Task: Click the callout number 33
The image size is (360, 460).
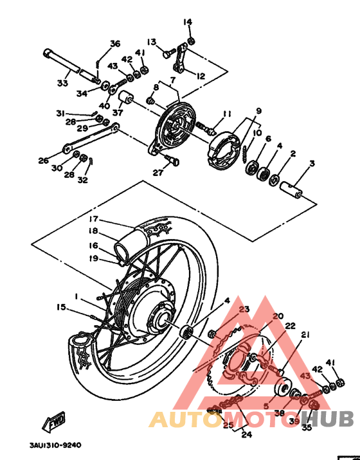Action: pyautogui.click(x=62, y=83)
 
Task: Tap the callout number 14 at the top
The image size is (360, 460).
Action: pyautogui.click(x=188, y=22)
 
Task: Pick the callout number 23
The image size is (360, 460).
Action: pyautogui.click(x=244, y=309)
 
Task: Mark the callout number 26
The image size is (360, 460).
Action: pyautogui.click(x=43, y=161)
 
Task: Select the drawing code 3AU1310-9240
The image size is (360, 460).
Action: pyautogui.click(x=55, y=445)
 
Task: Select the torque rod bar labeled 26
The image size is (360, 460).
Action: pyautogui.click(x=90, y=137)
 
